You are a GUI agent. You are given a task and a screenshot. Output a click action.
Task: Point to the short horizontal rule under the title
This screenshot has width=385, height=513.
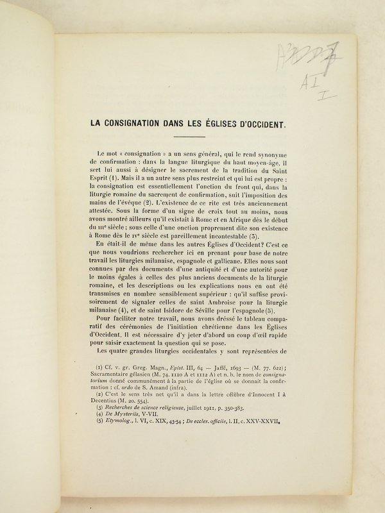190,136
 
